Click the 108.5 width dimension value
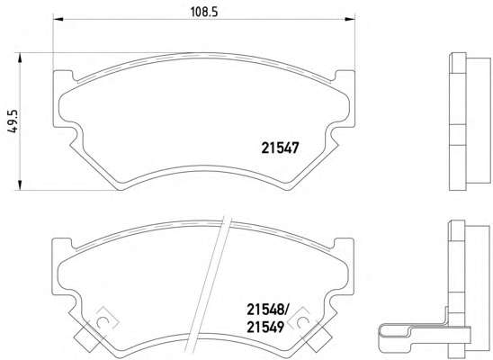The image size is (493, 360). click(204, 13)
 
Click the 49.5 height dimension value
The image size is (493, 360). click(13, 121)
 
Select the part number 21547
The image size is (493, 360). click(280, 148)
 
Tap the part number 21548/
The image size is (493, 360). click(267, 310)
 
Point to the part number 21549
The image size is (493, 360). click(265, 328)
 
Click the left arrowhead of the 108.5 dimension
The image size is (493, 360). click(58, 20)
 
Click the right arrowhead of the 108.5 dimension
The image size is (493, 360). click(350, 20)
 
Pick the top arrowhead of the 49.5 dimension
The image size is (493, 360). click(20, 58)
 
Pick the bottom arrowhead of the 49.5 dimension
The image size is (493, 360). click(20, 185)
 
